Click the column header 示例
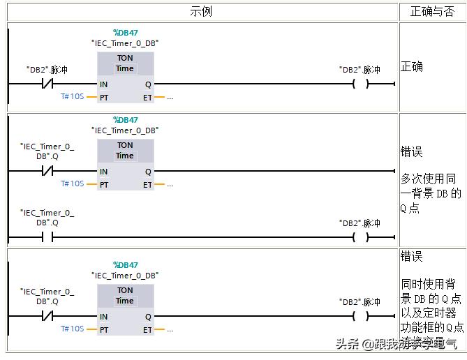pos(201,12)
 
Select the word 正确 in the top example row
pos(412,67)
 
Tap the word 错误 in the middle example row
pos(412,152)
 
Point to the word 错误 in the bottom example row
pos(412,256)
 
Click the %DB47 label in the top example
pos(126,33)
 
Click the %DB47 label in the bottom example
pos(126,265)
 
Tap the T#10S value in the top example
pos(73,96)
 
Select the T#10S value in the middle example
pos(73,183)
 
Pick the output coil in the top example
pos(360,84)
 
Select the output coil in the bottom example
pos(360,316)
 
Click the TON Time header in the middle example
pos(125,151)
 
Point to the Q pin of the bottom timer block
pos(148,316)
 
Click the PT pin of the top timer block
pos(103,97)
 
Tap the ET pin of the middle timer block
pos(147,184)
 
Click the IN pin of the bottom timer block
pos(103,316)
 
